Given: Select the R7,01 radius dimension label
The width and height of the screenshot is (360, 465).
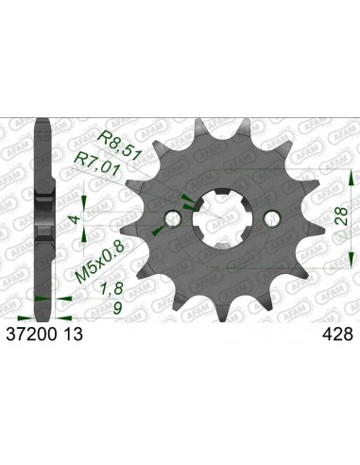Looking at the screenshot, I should pos(97,154).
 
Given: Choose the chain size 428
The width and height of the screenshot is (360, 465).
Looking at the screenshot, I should pos(336,333).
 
